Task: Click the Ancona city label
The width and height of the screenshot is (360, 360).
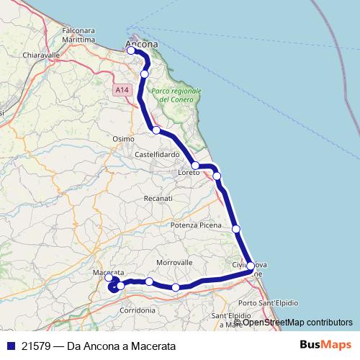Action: pos(142,43)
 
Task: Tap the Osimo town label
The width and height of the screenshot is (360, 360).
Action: pos(124,138)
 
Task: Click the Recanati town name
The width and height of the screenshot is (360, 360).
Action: pos(158,197)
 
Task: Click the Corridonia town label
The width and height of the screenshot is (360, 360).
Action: pos(138,310)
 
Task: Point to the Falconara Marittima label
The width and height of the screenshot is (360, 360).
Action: pos(79,35)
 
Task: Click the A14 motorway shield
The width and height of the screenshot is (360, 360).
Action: pos(122,89)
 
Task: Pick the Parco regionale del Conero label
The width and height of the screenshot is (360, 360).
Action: pos(176,95)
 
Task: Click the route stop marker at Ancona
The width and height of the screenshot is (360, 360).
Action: pos(131,50)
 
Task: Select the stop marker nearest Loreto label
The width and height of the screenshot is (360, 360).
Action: pos(195,166)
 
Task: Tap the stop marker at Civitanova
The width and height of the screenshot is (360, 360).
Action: pos(251,266)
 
